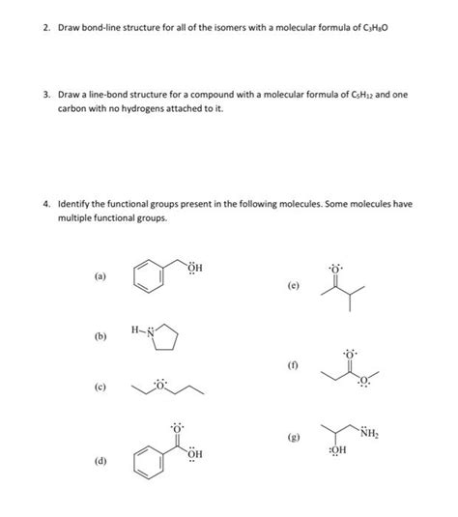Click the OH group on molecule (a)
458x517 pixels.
tap(194, 268)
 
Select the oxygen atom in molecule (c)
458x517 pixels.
tap(160, 386)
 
